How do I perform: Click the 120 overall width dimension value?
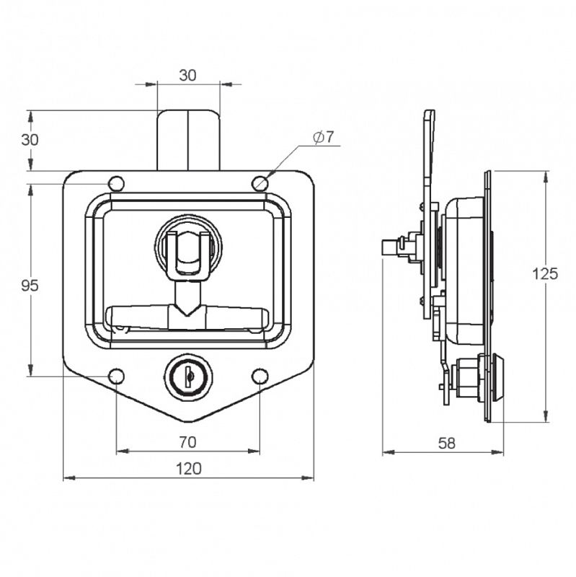(188, 468)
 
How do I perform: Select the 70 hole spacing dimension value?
(187, 441)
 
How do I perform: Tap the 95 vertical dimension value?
(30, 286)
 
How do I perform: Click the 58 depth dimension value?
(447, 444)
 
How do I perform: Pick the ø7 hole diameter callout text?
(324, 137)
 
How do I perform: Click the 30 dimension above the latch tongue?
(187, 74)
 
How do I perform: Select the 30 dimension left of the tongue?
(30, 140)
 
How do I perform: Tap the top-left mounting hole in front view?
(116, 184)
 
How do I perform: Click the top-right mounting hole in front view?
(260, 184)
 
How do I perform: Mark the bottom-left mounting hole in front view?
(116, 376)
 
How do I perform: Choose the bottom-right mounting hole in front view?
(260, 376)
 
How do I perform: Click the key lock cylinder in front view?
(187, 376)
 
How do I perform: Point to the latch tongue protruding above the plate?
(188, 139)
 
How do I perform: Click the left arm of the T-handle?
(137, 314)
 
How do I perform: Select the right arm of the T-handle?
(238, 314)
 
